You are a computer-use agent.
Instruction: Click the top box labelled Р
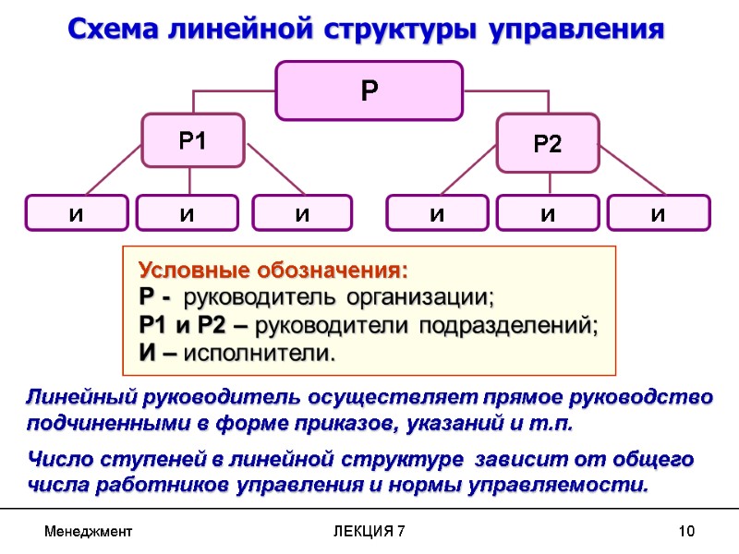(x=369, y=90)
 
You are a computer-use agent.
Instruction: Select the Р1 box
(x=192, y=140)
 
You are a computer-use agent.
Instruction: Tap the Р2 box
(x=548, y=143)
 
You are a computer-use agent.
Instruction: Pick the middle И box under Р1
(x=187, y=213)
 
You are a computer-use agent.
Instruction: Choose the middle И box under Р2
(x=548, y=213)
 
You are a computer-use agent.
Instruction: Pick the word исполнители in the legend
(x=260, y=353)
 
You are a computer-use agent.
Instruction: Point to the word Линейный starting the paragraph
(x=79, y=398)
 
